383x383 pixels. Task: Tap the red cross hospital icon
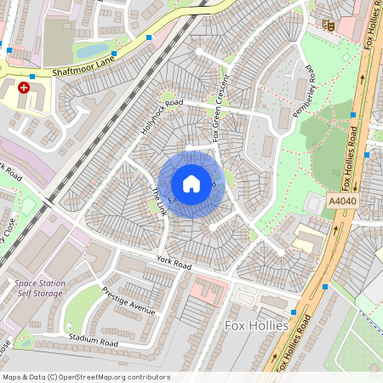(24, 88)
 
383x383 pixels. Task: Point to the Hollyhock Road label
(162, 117)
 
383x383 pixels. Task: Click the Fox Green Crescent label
(222, 118)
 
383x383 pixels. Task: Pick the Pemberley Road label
(303, 94)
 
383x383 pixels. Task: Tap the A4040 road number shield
(339, 201)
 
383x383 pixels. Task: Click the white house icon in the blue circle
(191, 184)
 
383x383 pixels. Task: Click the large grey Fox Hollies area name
(257, 326)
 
